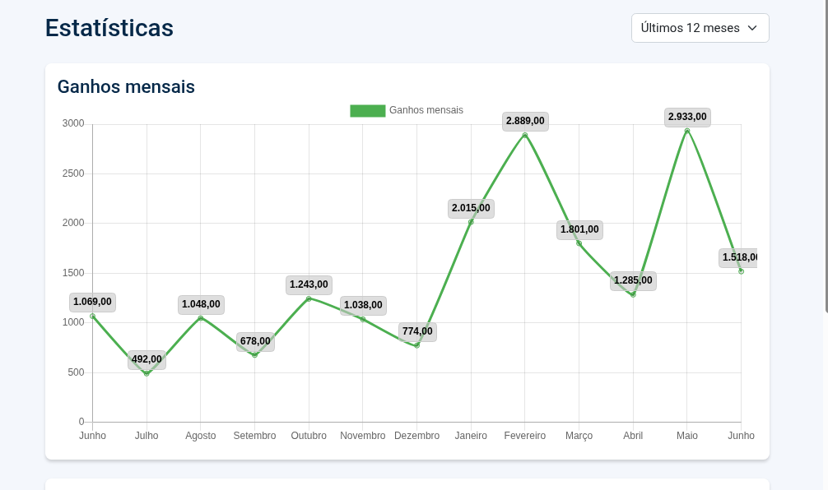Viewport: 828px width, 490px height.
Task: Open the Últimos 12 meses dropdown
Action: point(700,28)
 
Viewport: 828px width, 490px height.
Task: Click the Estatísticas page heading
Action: point(109,28)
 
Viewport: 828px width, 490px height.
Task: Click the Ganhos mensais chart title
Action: point(126,86)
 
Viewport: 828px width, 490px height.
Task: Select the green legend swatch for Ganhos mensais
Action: point(367,111)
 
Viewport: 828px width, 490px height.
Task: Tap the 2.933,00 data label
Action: point(687,117)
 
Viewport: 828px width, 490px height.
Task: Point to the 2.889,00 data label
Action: point(525,121)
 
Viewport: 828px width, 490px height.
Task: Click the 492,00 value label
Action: point(147,359)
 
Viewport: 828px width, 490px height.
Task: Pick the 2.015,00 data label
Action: point(471,208)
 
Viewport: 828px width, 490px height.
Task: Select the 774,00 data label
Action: point(417,331)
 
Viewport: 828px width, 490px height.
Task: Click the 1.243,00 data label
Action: point(309,284)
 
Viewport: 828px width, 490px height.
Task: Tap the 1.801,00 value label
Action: point(579,229)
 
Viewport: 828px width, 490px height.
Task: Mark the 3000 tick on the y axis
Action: point(73,124)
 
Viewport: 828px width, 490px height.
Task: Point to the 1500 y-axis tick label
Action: point(73,273)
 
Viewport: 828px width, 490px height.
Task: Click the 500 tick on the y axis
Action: point(76,372)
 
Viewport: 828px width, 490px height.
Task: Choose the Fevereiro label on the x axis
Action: point(525,436)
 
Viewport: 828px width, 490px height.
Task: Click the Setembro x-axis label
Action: point(254,436)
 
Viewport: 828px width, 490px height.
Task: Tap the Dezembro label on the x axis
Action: point(416,436)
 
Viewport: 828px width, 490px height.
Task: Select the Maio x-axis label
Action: point(687,436)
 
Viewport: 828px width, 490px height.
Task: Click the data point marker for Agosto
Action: point(201,318)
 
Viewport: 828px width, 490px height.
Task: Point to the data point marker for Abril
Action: point(633,294)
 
